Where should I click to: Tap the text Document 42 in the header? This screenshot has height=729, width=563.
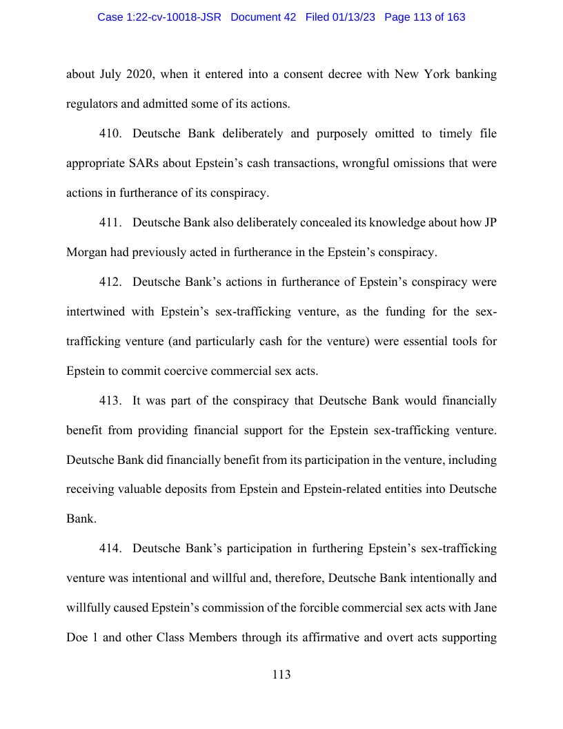tap(263, 17)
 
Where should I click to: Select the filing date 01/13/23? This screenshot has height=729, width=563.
tap(353, 17)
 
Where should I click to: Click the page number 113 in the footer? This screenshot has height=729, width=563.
tap(281, 674)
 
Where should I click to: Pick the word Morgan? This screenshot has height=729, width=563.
tap(87, 252)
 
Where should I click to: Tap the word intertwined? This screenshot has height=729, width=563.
tap(95, 311)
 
